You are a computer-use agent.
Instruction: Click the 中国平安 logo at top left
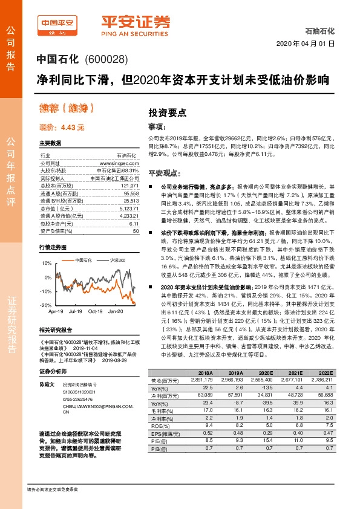(x=57, y=24)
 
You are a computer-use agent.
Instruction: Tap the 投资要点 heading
(x=168, y=112)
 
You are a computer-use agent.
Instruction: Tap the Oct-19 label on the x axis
(x=96, y=311)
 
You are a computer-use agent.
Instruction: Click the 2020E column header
(x=266, y=373)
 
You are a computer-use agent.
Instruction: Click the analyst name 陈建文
(x=47, y=384)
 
